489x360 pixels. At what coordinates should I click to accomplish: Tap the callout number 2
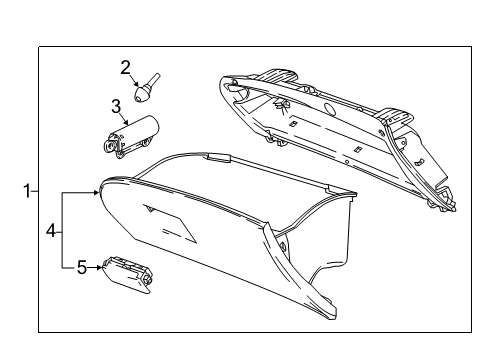coord(126,68)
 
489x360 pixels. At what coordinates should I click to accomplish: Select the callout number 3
coord(116,105)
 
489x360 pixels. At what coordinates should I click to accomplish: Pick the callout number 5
coord(84,268)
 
